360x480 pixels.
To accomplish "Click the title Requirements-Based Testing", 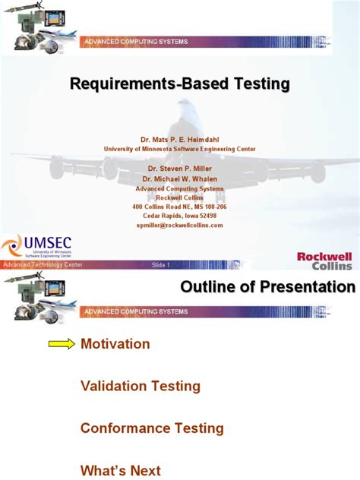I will pyautogui.click(x=180, y=84).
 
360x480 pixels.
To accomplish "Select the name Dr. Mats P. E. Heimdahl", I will pyautogui.click(x=179, y=141).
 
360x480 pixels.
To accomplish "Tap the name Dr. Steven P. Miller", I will pyautogui.click(x=179, y=169).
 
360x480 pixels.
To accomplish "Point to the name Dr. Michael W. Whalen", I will pyautogui.click(x=179, y=178).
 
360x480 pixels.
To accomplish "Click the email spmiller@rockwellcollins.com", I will pyautogui.click(x=179, y=225).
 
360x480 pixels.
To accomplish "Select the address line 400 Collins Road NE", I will pyautogui.click(x=179, y=207).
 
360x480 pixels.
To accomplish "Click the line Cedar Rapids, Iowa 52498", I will pyautogui.click(x=179, y=216).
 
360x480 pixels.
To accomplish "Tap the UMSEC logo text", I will pyautogui.click(x=50, y=242).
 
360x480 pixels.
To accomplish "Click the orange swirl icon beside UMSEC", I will pyautogui.click(x=13, y=246).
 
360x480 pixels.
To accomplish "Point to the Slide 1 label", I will pyautogui.click(x=161, y=265).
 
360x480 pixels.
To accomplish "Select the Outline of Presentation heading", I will pyautogui.click(x=267, y=287).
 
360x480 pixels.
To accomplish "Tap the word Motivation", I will pyautogui.click(x=115, y=344).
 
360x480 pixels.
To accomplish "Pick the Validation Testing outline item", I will pyautogui.click(x=141, y=386).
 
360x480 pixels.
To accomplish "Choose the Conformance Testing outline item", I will pyautogui.click(x=152, y=428).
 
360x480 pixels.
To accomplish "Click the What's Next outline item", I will pyautogui.click(x=121, y=471).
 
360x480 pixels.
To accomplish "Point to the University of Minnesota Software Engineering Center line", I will pyautogui.click(x=179, y=150).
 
